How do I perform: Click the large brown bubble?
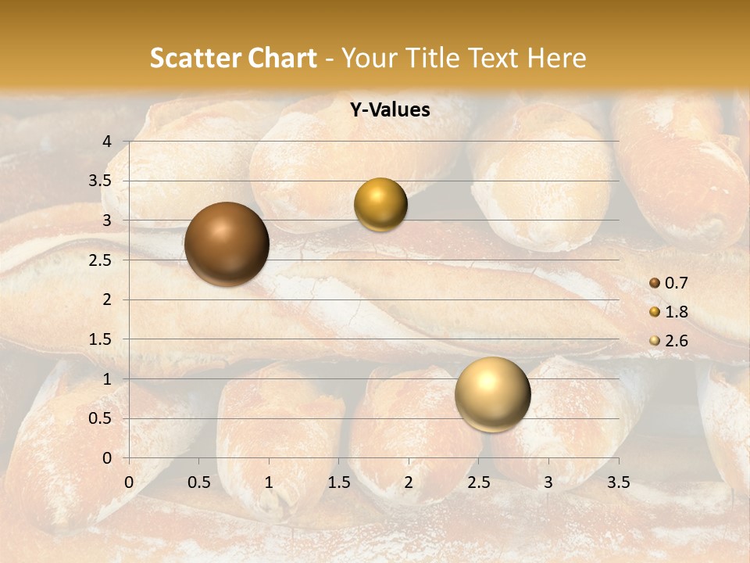[x=227, y=244]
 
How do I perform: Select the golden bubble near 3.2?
[x=380, y=205]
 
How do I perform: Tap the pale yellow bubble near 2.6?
[x=492, y=394]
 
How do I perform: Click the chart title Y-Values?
[x=390, y=110]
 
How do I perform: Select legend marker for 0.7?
[x=655, y=283]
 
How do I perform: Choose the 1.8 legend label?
[x=676, y=312]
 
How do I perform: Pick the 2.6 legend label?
[x=676, y=341]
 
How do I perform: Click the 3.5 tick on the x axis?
[x=618, y=482]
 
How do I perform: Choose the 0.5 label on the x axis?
[x=198, y=482]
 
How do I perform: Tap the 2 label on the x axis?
[x=409, y=482]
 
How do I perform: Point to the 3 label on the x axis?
[x=548, y=482]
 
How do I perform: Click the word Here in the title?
[x=556, y=58]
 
